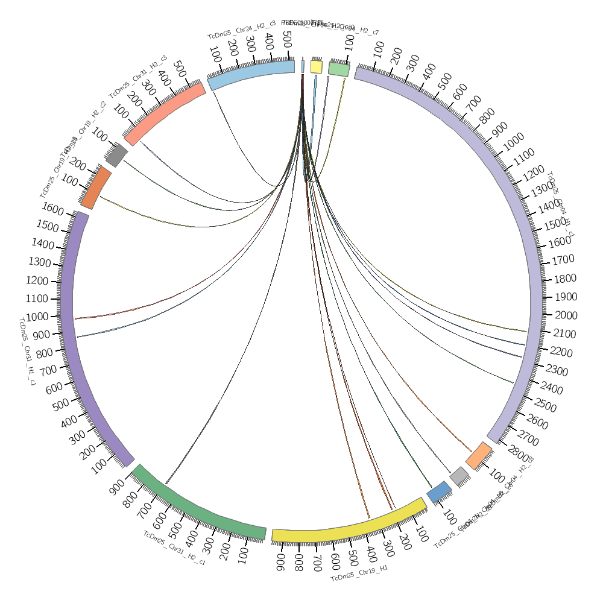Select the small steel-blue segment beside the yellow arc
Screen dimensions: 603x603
(439, 492)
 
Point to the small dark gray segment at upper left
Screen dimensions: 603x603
(116, 155)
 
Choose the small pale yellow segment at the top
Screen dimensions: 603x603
(317, 66)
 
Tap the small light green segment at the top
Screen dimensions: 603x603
(339, 69)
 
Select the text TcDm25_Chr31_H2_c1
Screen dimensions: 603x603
(174, 548)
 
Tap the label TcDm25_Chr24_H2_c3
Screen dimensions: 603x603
(241, 30)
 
